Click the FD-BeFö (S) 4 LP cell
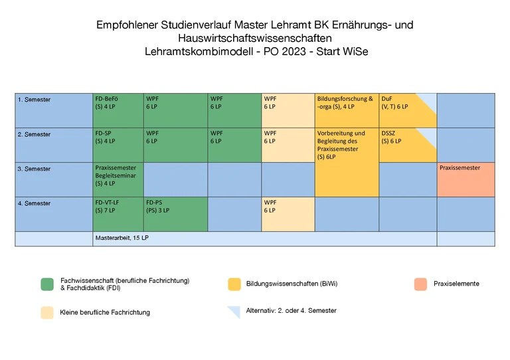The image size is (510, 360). click(118, 110)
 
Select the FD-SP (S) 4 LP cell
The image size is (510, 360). click(118, 145)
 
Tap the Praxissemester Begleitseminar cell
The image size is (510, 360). click(118, 179)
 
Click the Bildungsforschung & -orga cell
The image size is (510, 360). click(347, 110)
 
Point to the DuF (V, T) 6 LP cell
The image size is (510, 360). click(406, 110)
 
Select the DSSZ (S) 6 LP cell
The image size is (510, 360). click(406, 145)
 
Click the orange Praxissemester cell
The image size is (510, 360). click(466, 179)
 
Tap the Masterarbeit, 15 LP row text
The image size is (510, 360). click(122, 238)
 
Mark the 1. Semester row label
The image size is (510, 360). click(34, 100)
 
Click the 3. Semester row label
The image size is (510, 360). click(34, 169)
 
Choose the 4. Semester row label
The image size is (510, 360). click(34, 203)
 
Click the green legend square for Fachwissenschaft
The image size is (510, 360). click(47, 284)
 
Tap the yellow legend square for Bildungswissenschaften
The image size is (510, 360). click(234, 284)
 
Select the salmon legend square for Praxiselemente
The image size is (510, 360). click(420, 284)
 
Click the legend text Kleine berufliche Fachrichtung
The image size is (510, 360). click(105, 312)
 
